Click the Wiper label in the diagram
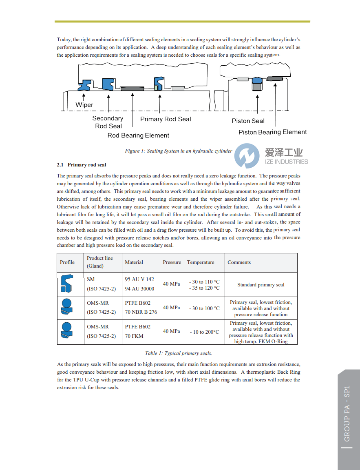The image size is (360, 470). coord(84,105)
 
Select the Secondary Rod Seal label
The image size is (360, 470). coord(108,122)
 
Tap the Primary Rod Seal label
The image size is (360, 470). coord(166,119)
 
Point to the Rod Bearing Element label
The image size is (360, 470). coord(138,135)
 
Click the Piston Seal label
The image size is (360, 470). coord(248,121)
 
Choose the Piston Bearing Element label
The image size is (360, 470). coord(272,132)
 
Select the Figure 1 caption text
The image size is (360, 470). coord(178,151)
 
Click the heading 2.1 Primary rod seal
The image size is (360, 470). coord(82,165)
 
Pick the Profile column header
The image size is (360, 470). coord(67,262)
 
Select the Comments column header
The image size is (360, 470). coord(239,262)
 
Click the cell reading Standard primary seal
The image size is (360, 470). coord(261,285)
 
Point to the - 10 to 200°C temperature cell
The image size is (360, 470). coord(204,332)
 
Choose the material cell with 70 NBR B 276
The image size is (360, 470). coord(141,312)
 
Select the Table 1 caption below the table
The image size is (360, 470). coord(179,353)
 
